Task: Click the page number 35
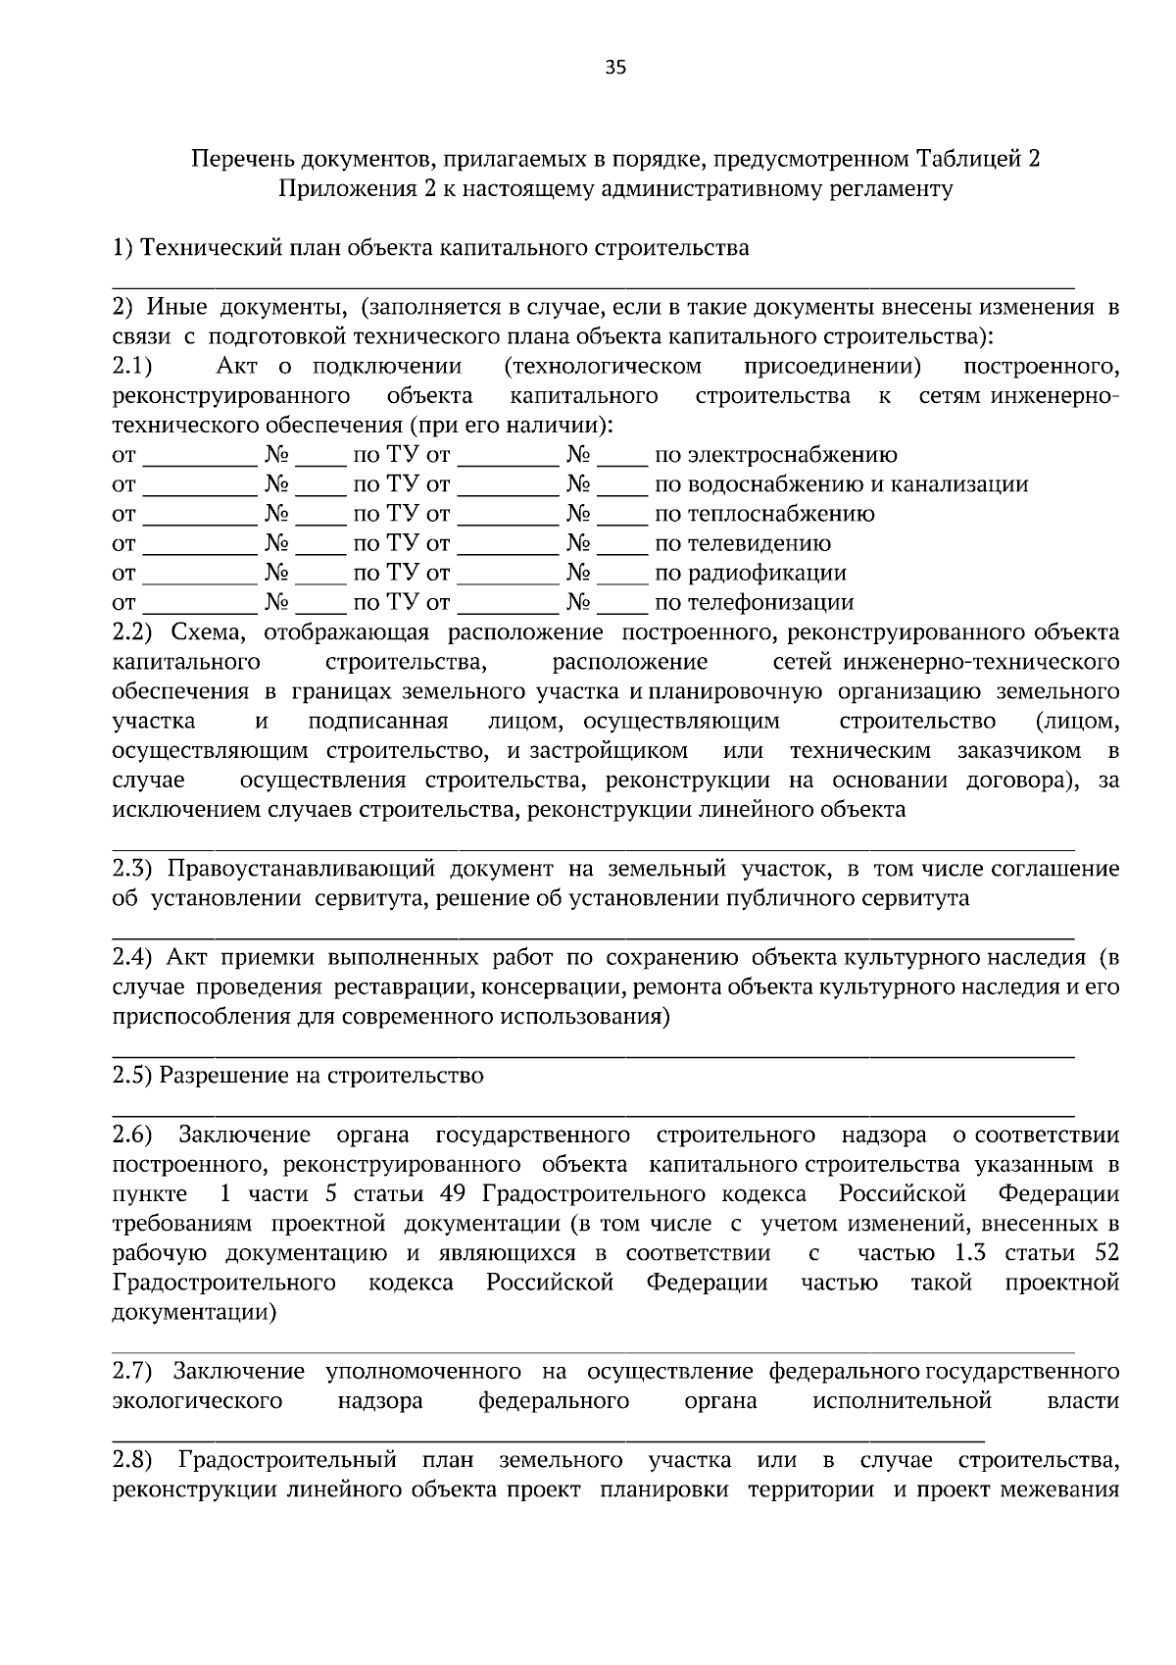(x=615, y=68)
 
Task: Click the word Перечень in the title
(x=236, y=159)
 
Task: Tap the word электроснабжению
(x=775, y=455)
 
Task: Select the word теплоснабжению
(x=764, y=514)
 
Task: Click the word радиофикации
(x=750, y=573)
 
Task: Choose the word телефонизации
(x=754, y=602)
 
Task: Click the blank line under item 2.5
(x=593, y=1114)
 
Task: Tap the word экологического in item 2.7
(x=197, y=1401)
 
